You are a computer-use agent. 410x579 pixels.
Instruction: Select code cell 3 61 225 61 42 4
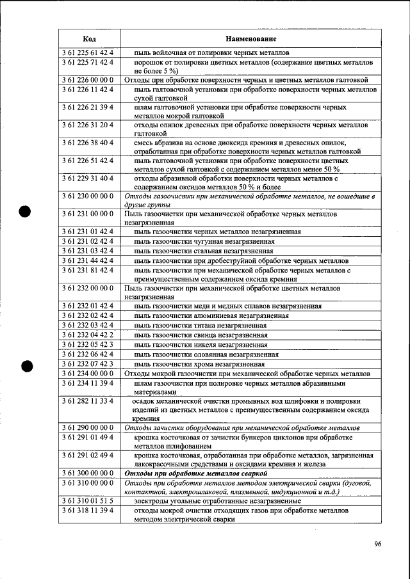click(x=89, y=52)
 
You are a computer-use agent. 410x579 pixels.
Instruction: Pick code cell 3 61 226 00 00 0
click(x=89, y=80)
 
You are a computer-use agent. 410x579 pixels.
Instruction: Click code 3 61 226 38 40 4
click(x=89, y=142)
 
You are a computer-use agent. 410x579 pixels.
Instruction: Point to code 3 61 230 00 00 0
click(x=89, y=195)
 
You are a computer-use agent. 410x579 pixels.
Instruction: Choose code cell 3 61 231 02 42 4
click(x=89, y=241)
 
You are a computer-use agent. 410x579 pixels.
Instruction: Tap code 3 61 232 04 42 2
click(x=89, y=335)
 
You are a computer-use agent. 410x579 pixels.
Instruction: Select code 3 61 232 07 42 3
click(x=89, y=363)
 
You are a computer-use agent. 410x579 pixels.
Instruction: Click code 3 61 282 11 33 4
click(x=89, y=401)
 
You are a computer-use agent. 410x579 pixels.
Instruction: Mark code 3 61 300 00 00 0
click(x=89, y=473)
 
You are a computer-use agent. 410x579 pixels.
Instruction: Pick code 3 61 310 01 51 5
click(x=89, y=502)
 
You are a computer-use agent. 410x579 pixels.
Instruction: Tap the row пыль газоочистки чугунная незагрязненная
click(x=204, y=241)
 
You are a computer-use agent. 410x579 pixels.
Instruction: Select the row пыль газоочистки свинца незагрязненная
click(x=201, y=335)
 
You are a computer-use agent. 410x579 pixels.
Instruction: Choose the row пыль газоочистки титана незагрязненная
click(x=200, y=325)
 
